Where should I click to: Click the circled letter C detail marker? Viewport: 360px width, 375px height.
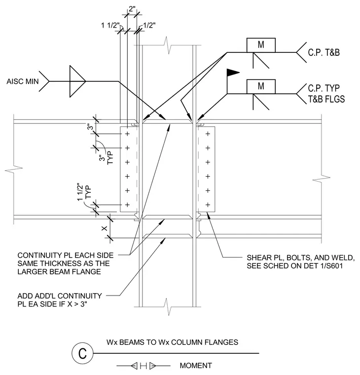pos(82,353)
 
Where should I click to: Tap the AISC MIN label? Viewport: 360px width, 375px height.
pos(23,81)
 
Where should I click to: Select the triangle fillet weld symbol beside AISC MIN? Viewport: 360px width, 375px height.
pos(77,81)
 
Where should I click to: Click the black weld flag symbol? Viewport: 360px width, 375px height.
pos(233,73)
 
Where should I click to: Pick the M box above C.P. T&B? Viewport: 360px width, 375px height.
pos(261,45)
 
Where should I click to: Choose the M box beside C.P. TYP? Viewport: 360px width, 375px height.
pos(261,86)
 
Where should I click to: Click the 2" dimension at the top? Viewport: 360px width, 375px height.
pos(132,9)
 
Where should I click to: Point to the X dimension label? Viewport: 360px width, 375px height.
pos(105,228)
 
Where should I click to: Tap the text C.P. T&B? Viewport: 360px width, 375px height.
pos(324,53)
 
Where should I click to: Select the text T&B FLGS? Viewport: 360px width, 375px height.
pos(326,99)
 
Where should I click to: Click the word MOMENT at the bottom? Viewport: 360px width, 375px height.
pos(196,366)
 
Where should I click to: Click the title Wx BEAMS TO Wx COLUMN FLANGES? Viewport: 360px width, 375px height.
pos(172,342)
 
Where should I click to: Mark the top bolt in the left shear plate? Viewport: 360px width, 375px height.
pos(127,134)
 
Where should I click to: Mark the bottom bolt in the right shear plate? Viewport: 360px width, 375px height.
pos(208,205)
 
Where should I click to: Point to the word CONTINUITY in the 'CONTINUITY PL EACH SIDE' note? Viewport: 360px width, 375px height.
pos(38,256)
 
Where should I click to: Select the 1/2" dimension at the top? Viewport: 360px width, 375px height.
pos(149,25)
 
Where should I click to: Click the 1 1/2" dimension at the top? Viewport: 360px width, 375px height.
pos(110,25)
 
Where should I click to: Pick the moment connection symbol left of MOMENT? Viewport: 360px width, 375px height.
pos(144,366)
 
